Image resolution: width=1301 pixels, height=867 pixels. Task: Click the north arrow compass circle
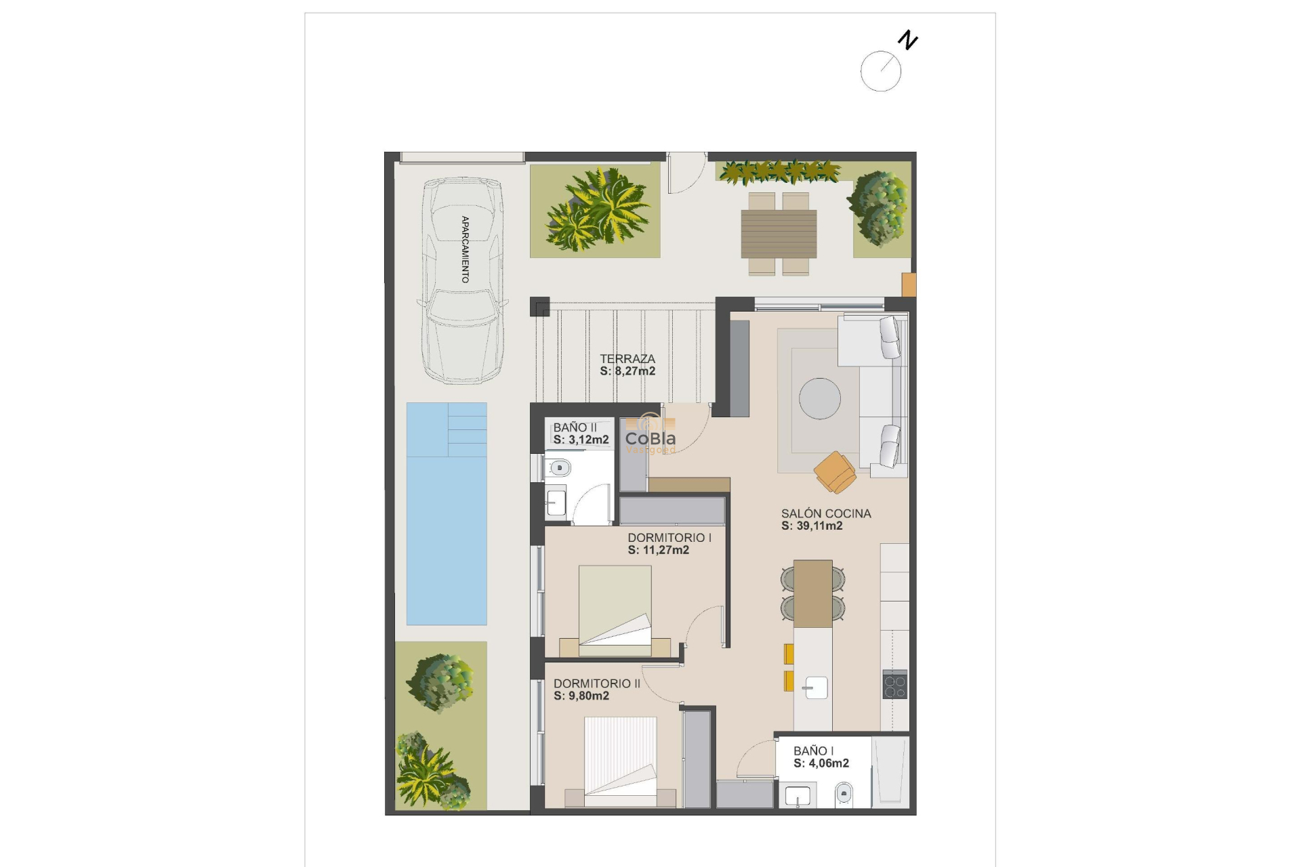point(880,71)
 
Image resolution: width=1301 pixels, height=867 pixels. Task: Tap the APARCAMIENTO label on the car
point(465,249)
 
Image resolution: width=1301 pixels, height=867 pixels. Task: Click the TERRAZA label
point(627,359)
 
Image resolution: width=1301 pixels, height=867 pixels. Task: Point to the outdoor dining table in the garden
point(779,234)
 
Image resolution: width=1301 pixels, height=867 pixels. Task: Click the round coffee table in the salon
point(819,398)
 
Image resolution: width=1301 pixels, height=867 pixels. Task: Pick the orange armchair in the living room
point(835,472)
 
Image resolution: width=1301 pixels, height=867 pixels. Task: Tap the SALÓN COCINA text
point(826,513)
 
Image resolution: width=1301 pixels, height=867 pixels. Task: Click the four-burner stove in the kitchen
point(894,684)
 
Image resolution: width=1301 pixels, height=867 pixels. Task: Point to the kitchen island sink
point(815,688)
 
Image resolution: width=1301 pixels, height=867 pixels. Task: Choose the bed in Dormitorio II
point(620,761)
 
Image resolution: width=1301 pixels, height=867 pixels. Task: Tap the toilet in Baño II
point(559,467)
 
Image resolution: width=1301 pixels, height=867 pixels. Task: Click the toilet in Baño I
point(844,792)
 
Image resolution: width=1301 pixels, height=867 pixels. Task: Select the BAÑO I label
point(813,750)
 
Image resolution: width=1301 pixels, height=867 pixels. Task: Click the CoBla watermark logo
point(650,438)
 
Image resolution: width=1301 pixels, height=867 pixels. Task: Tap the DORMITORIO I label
point(669,538)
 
